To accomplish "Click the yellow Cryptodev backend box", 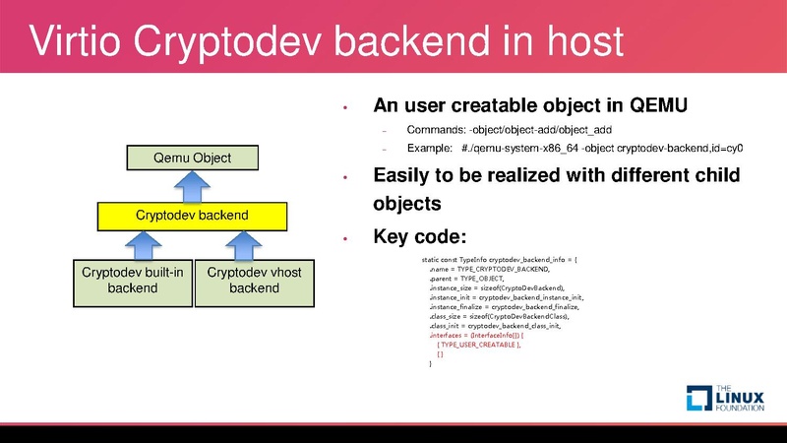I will click(192, 214).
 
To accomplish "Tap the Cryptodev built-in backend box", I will click(133, 281).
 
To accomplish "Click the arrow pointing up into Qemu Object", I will click(192, 185).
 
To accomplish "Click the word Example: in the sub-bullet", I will click(428, 149).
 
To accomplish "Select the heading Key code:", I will click(419, 237).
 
